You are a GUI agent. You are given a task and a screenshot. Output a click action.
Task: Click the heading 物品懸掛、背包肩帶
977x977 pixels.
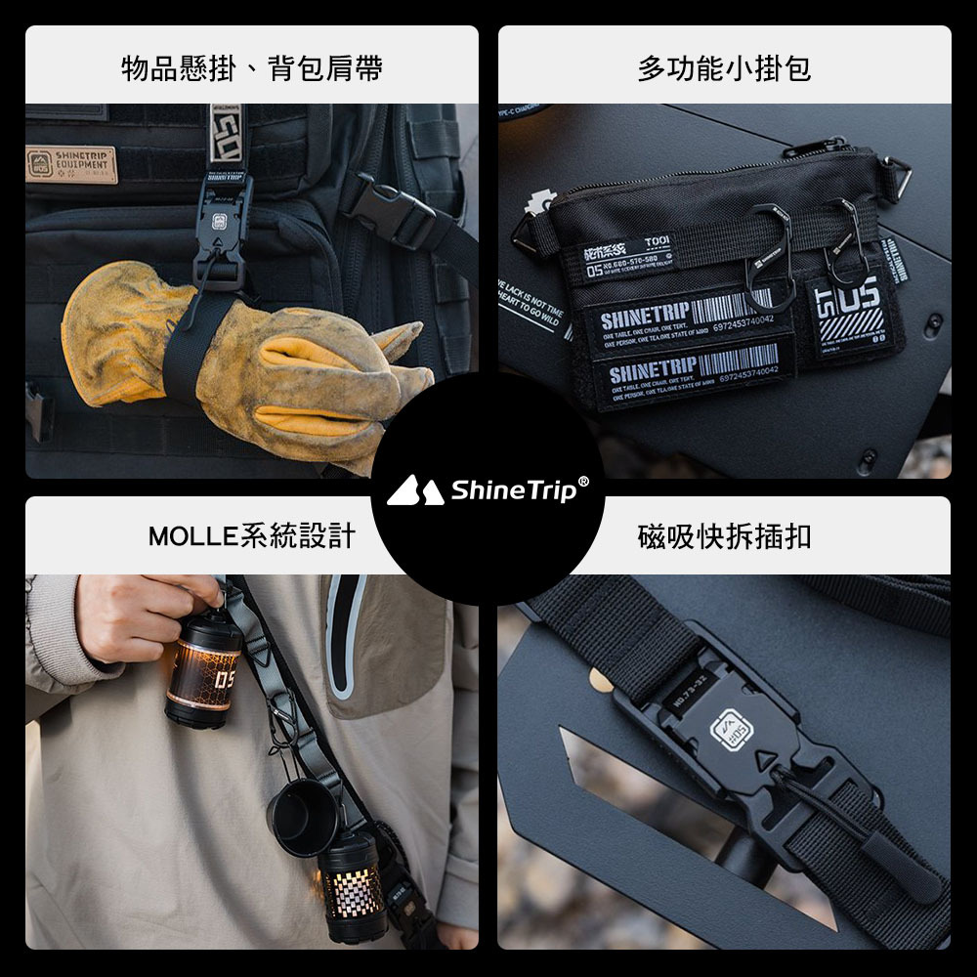[x=251, y=68]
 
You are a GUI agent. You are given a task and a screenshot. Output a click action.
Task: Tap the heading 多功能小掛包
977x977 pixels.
[x=724, y=68]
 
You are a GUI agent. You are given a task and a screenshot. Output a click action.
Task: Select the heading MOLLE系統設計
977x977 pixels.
[x=251, y=536]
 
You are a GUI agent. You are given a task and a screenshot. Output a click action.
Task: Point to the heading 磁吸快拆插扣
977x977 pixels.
[x=724, y=536]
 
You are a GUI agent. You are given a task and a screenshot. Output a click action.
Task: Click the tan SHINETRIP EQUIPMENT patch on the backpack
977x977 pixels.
[x=70, y=164]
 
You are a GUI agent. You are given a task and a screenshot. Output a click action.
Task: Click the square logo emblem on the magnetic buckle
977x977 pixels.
[x=731, y=728]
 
